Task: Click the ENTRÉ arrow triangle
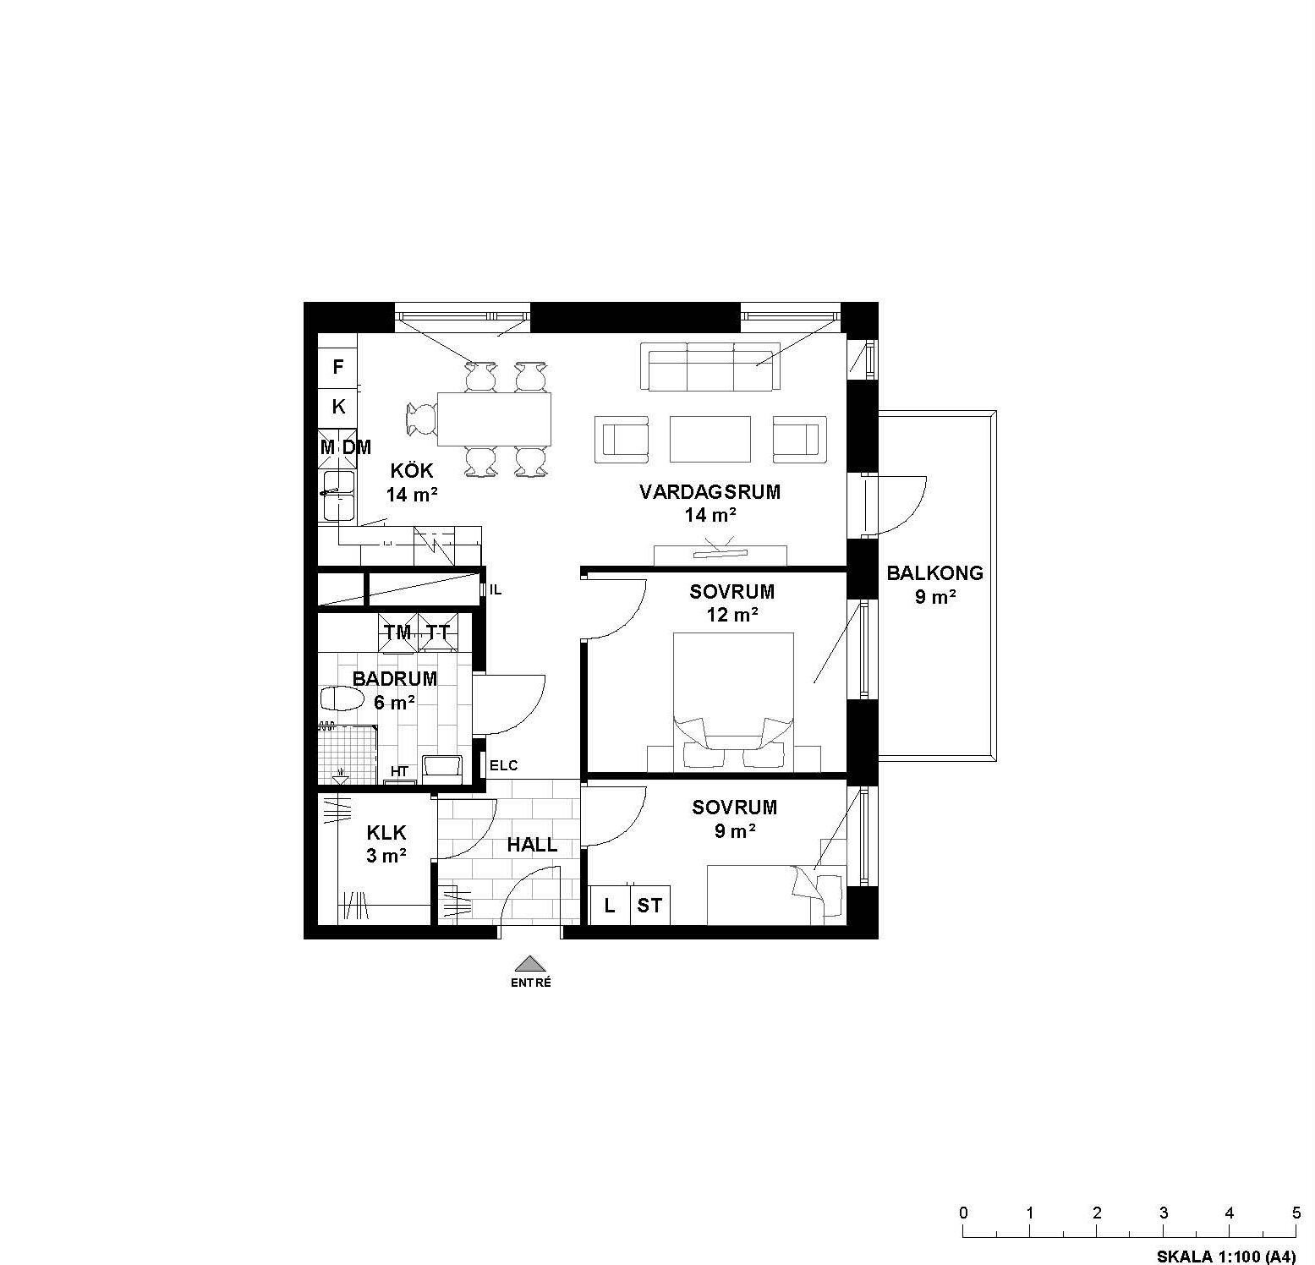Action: point(529,963)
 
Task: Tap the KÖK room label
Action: point(411,471)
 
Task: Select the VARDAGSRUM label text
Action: point(710,492)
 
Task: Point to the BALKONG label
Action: point(934,573)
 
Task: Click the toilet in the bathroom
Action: point(342,699)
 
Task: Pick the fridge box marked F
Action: point(338,367)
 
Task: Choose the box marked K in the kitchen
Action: point(338,407)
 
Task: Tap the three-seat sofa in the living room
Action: point(710,366)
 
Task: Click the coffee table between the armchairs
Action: point(710,438)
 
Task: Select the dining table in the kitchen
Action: point(494,418)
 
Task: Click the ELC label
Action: point(504,766)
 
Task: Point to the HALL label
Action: point(532,845)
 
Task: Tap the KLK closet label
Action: point(386,834)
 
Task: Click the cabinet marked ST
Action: point(649,906)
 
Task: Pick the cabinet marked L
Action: point(609,906)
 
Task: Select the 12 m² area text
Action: point(732,615)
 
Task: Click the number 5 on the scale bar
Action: point(1296,1212)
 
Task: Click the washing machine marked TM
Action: point(397,632)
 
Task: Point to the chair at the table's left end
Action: point(421,418)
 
